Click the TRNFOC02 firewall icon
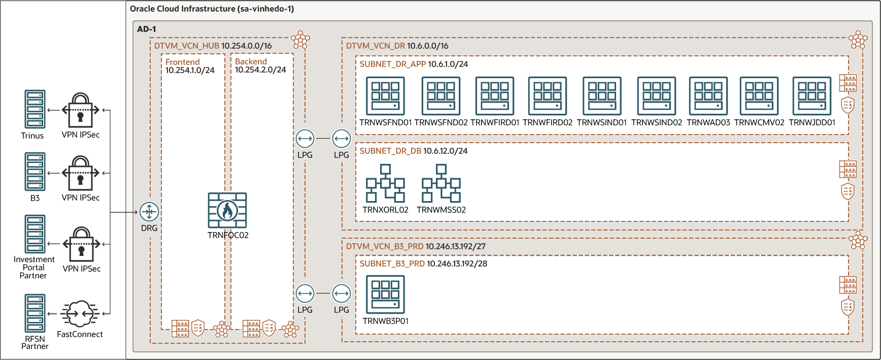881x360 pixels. tap(227, 210)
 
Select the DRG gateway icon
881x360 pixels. tap(149, 212)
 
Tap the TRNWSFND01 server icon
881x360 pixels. tap(386, 96)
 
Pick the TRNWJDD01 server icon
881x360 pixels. tap(812, 96)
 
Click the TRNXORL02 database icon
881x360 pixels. tap(386, 183)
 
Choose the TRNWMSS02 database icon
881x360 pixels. tap(441, 183)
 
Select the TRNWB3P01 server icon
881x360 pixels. tap(386, 294)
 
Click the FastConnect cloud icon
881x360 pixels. tap(80, 314)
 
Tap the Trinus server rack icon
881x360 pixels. tap(35, 109)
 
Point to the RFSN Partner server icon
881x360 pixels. tap(35, 313)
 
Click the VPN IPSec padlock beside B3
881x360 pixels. tap(80, 173)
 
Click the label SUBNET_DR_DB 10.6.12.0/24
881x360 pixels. tap(414, 151)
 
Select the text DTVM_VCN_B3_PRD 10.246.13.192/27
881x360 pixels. tap(416, 246)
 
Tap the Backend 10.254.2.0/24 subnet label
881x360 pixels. tap(260, 66)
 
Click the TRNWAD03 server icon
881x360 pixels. tap(708, 96)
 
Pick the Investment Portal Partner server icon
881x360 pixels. tap(35, 234)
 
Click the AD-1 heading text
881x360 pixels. tap(147, 29)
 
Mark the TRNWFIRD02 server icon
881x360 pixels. tap(548, 96)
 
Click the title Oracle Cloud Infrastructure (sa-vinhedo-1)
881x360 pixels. tap(212, 9)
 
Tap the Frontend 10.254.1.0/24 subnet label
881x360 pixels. tap(190, 66)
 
